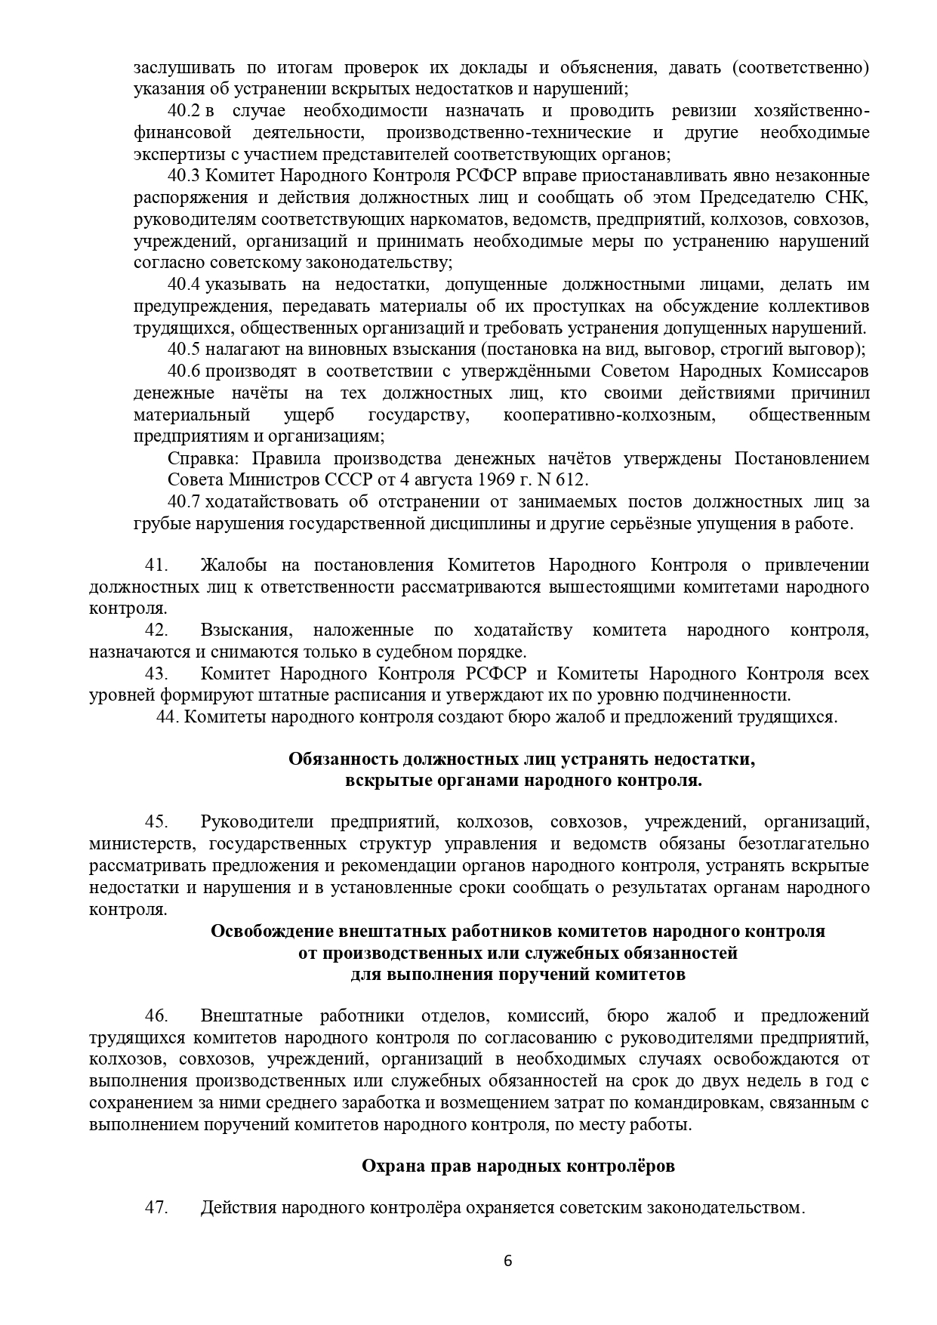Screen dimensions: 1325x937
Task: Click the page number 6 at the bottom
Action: coord(507,1261)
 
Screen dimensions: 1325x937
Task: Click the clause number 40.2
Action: coord(183,111)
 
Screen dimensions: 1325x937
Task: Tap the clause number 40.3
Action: coord(183,176)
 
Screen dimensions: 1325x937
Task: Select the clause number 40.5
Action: coord(183,350)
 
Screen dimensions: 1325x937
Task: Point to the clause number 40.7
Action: coord(183,502)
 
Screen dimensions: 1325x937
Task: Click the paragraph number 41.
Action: coord(156,565)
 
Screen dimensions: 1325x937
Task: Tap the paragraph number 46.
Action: coord(156,1015)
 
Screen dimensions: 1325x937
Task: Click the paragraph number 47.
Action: coord(156,1207)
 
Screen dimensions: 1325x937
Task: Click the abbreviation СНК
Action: coord(849,198)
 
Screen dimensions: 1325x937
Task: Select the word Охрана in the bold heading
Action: coord(388,1166)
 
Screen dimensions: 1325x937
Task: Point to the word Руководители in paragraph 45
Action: coord(255,822)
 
